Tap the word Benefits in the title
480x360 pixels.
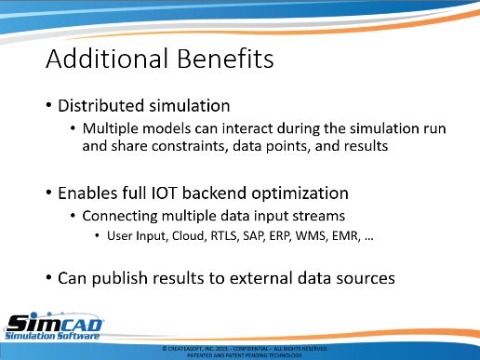click(x=225, y=59)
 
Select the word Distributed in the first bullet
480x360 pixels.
click(x=101, y=106)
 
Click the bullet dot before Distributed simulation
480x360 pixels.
click(x=48, y=105)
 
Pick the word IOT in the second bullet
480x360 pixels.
click(x=164, y=193)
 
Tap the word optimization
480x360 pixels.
click(x=300, y=194)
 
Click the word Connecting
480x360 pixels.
click(x=120, y=217)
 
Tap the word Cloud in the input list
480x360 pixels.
click(x=189, y=236)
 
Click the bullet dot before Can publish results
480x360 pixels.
click(x=48, y=277)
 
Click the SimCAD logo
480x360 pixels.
click(x=54, y=327)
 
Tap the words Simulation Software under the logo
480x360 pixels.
click(x=52, y=336)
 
